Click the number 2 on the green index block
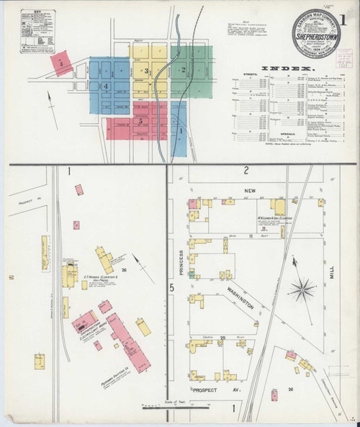[184, 70]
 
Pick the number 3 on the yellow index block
[146, 71]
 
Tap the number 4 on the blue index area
[105, 87]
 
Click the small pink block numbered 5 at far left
[62, 63]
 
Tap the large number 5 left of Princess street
[171, 289]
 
